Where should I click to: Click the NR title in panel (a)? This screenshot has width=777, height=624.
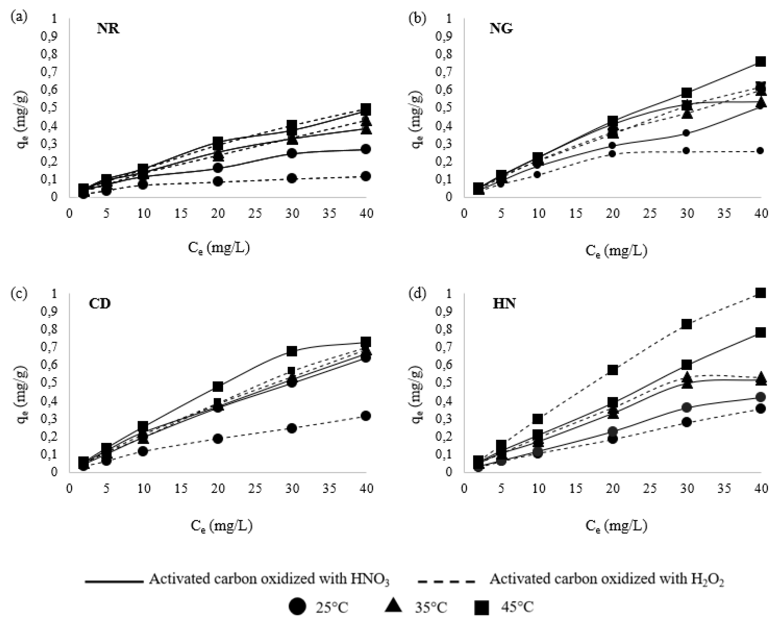click(108, 28)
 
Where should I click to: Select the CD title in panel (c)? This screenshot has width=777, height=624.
click(100, 303)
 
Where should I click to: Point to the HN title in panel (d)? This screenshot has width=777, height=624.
click(504, 303)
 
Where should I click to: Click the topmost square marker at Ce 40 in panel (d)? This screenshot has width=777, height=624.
click(760, 293)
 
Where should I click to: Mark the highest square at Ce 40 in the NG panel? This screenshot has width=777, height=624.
click(760, 61)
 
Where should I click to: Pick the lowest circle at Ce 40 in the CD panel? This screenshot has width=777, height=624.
click(365, 416)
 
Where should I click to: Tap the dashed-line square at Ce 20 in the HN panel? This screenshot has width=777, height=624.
click(613, 370)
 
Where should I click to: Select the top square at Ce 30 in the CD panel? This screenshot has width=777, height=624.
click(292, 351)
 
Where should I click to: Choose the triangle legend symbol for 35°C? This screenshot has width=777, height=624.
click(394, 606)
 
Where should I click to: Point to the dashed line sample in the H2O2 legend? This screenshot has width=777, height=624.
click(446, 582)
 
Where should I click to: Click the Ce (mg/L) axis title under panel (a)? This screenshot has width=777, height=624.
click(219, 249)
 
